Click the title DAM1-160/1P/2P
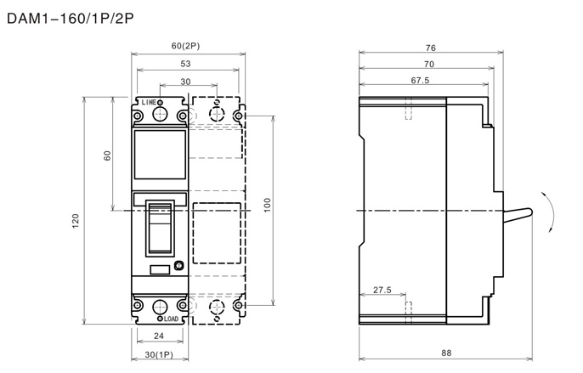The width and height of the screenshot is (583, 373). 71,18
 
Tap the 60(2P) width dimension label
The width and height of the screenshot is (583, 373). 185,46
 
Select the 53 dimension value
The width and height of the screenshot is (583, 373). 185,64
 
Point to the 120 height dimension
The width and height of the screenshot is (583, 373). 76,221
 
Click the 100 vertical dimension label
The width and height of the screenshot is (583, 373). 268,206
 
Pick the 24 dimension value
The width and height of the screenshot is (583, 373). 159,336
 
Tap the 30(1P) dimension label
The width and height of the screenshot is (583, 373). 159,355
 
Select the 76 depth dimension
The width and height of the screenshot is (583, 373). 431,48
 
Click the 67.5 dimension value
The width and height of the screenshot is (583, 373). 420,81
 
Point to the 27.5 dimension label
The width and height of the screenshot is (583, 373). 382,290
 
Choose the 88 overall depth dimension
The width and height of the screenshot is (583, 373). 446,353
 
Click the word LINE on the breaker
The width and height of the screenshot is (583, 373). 149,102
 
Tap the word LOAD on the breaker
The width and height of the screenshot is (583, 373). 172,319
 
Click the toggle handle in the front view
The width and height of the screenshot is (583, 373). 160,228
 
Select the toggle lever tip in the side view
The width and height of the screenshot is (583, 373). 529,212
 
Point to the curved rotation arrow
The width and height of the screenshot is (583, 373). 552,212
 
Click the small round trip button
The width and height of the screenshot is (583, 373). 179,266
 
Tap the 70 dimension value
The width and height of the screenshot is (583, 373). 429,65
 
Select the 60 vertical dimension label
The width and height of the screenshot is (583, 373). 107,155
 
